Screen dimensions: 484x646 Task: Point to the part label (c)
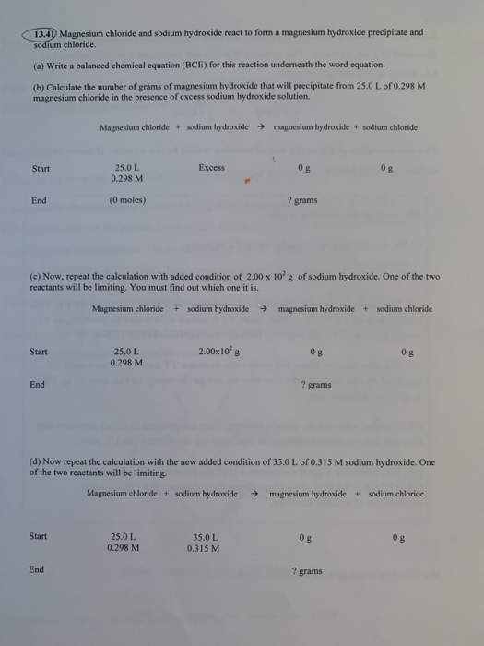pos(38,276)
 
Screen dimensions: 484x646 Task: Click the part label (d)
pos(37,461)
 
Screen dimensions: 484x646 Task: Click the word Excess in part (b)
pos(211,167)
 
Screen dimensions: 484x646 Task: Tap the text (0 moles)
pos(126,199)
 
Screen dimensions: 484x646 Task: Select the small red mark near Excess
pos(247,182)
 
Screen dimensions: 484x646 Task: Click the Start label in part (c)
pos(39,351)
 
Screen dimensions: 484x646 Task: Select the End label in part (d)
pos(36,569)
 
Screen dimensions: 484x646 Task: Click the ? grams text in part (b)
pos(302,199)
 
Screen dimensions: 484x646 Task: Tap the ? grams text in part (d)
pos(307,571)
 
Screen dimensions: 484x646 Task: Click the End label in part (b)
pos(39,199)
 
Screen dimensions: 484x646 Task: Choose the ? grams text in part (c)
pos(315,385)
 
